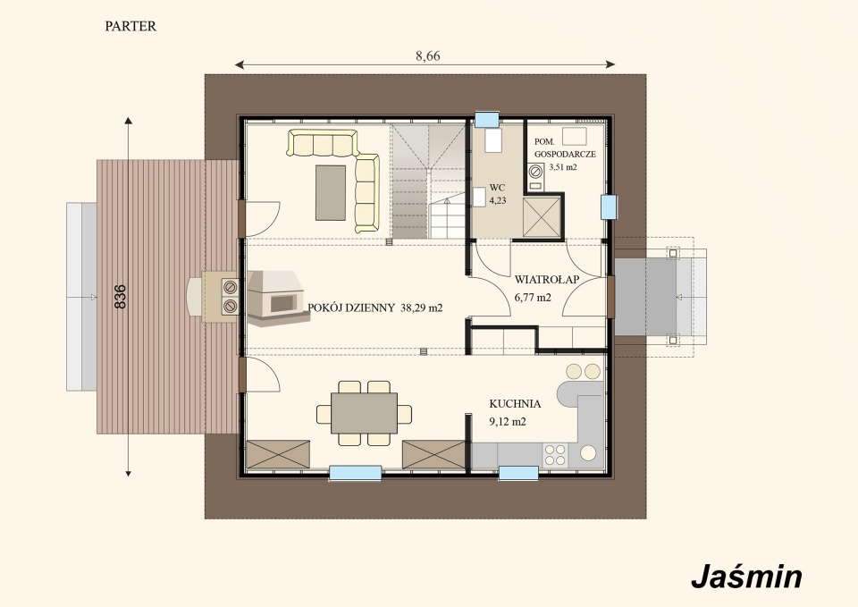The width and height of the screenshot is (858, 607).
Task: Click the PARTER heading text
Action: point(130,26)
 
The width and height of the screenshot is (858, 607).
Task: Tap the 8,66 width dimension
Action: point(427,55)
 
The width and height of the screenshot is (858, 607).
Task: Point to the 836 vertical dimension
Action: point(121,296)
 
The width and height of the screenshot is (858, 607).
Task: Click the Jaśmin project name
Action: point(746,577)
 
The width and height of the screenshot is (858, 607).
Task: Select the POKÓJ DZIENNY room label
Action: point(350,308)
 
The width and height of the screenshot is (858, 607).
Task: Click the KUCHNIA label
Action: point(515,404)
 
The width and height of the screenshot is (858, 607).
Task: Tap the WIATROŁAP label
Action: point(547,280)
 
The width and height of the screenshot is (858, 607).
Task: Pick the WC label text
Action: point(498,188)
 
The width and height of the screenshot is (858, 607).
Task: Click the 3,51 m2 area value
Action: point(563,167)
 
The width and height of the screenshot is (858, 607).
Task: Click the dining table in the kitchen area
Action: point(364,413)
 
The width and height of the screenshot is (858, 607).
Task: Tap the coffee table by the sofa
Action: point(331,193)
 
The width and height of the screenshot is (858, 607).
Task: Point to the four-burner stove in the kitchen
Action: point(555,455)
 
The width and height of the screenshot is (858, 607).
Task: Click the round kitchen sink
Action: point(588,453)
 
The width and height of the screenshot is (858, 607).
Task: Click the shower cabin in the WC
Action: point(542,216)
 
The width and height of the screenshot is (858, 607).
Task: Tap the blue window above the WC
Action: point(487,120)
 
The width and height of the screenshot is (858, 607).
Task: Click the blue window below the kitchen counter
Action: point(518,474)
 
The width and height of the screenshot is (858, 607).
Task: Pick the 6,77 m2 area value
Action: point(533,298)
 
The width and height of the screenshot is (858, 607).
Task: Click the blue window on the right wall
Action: point(609,207)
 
